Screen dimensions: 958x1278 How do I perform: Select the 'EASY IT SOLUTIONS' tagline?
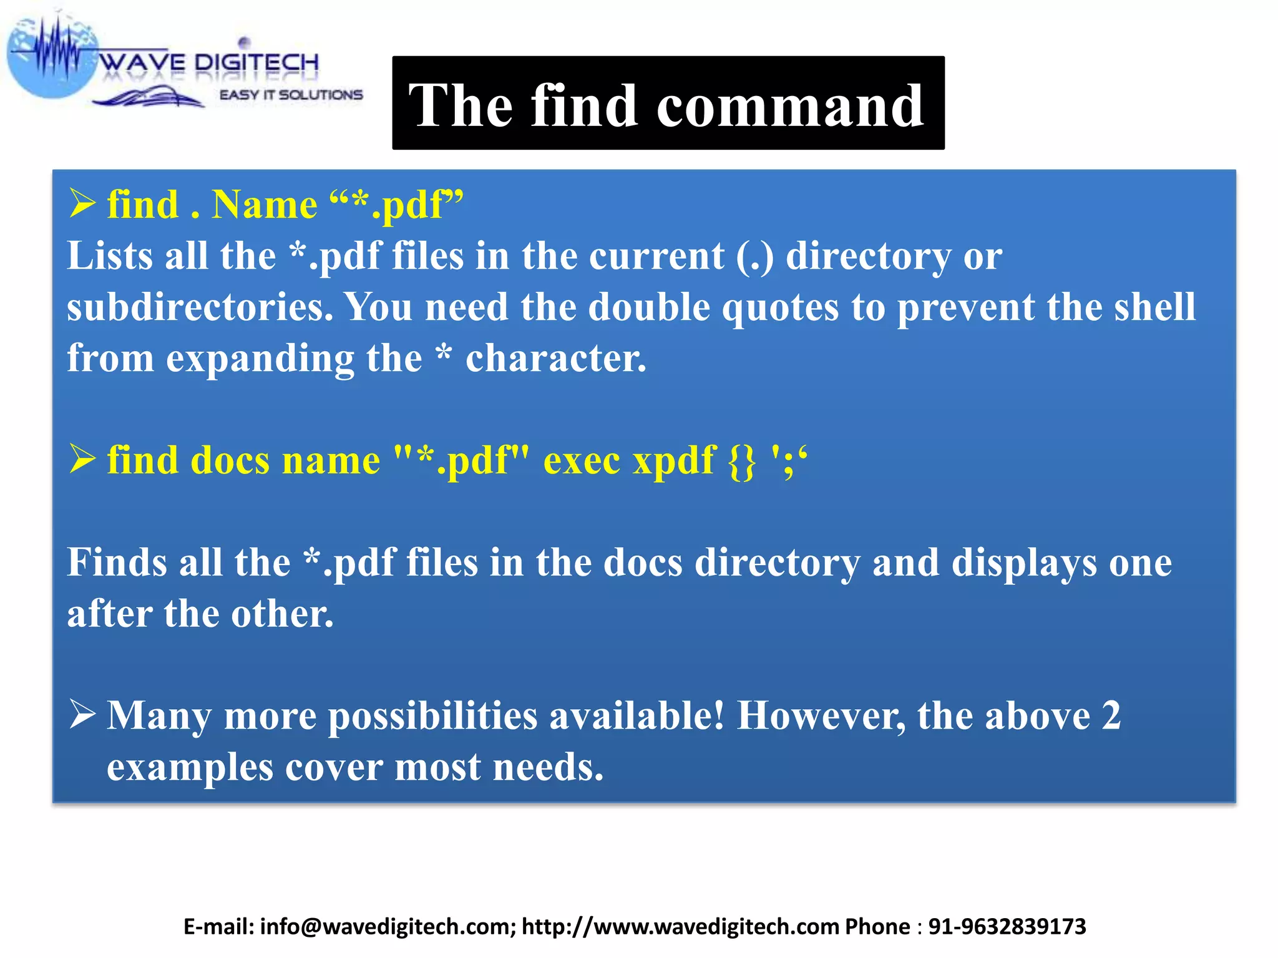pos(291,95)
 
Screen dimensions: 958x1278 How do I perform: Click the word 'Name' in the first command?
pos(265,205)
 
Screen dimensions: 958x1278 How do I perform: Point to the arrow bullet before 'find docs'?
pos(82,459)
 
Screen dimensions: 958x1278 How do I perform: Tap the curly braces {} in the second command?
pos(742,462)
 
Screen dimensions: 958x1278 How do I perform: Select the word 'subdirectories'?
pos(200,307)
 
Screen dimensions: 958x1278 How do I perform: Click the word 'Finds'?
pos(117,562)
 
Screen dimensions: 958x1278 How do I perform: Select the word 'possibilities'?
pos(432,715)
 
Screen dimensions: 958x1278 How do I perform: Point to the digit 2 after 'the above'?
pos(1111,715)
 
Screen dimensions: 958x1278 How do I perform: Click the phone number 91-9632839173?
pos(1007,927)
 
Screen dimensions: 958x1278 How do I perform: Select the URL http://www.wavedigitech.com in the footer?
pos(680,927)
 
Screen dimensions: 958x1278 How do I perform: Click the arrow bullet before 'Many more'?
pos(82,714)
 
